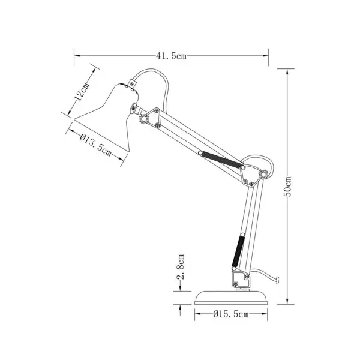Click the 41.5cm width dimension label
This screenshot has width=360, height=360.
[171, 56]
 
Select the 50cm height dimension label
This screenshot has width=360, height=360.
[287, 187]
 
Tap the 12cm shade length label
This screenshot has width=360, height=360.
[82, 92]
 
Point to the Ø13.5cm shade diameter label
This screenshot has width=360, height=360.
[96, 145]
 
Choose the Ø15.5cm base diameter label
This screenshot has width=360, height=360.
[231, 314]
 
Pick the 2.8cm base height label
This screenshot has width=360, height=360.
[181, 266]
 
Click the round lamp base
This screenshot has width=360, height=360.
[231, 298]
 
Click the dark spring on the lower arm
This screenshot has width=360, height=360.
[238, 251]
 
